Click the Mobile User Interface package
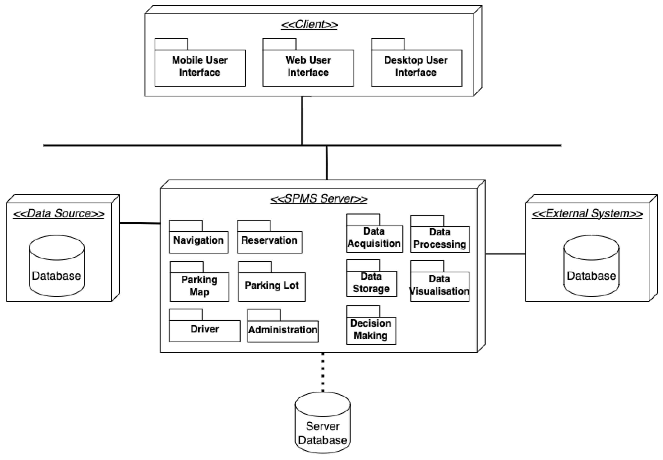[200, 67]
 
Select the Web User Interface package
[308, 67]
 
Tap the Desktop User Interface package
[416, 67]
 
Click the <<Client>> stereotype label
[309, 24]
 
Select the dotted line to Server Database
[323, 372]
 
